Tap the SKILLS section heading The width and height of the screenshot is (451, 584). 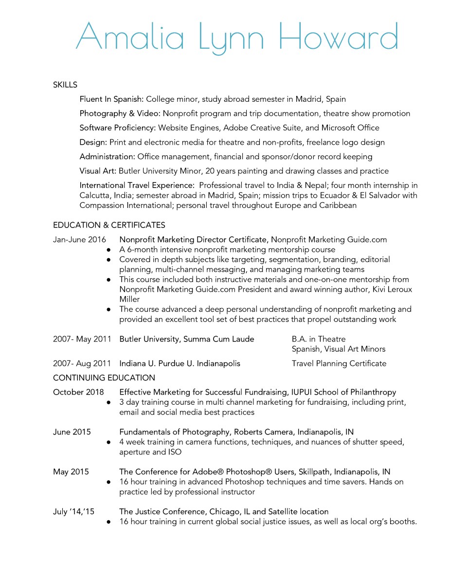65,85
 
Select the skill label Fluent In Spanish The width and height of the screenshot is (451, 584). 111,99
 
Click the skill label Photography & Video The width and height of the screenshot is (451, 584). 120,113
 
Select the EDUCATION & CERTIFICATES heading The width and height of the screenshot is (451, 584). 109,225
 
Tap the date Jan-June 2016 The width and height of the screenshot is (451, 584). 79,240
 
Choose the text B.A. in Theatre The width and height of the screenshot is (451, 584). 318,339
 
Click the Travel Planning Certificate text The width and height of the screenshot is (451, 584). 339,363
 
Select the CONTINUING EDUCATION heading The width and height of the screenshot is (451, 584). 104,377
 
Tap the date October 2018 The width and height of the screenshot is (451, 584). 78,392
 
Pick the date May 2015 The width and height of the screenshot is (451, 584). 71,472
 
